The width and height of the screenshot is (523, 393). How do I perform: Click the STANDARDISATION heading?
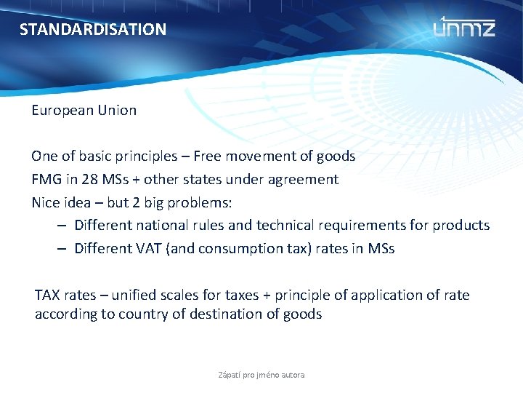pos(93,30)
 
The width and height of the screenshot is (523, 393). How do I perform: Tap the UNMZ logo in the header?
pos(464,27)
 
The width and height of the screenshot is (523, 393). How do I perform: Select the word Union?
pos(117,111)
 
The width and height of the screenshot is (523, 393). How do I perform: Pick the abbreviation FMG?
pos(45,179)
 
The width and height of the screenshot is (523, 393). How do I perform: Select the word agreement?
pos(304,179)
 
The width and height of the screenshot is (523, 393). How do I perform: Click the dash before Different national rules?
pos(62,226)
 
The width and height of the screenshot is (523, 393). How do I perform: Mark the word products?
pos(461,226)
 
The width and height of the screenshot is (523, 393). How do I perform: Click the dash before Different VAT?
pos(62,249)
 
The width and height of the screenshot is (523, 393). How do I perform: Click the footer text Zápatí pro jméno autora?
pos(261,375)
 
